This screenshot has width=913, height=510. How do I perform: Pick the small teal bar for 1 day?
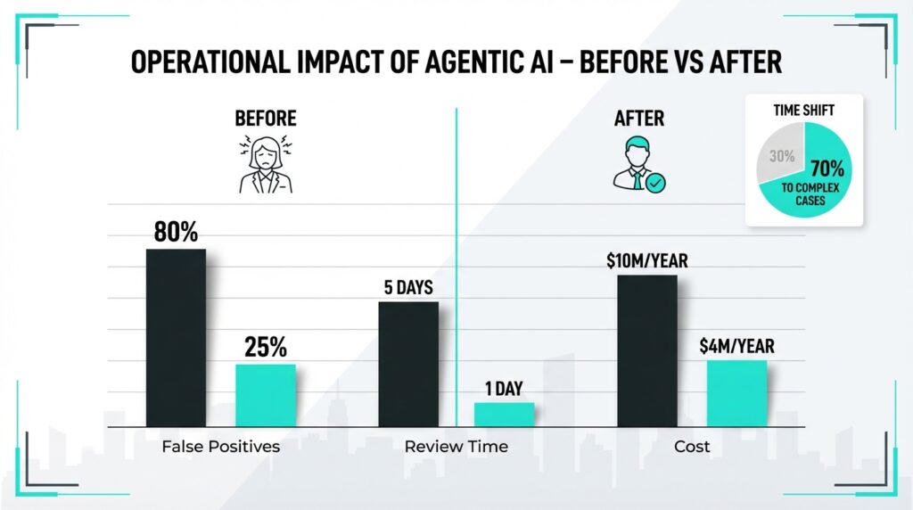(x=504, y=415)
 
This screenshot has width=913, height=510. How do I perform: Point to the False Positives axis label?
(x=221, y=446)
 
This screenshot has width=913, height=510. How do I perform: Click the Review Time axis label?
(x=456, y=446)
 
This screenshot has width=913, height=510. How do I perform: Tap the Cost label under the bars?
(x=692, y=446)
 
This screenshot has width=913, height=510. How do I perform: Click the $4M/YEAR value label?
(x=736, y=345)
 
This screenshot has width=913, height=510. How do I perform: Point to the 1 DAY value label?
(x=504, y=389)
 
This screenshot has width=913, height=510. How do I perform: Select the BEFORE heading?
(x=265, y=118)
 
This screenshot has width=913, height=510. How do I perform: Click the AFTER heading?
(x=639, y=118)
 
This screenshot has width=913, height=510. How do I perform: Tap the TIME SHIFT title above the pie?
(x=804, y=112)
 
